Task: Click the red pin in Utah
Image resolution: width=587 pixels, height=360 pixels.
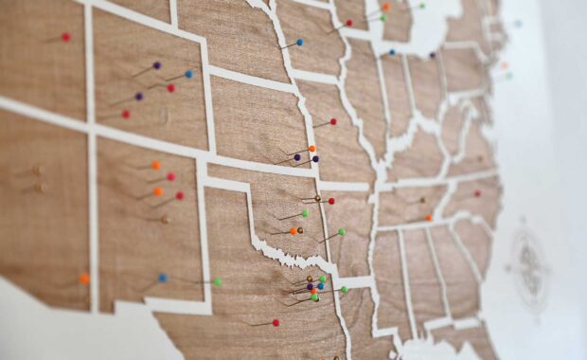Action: [125, 114]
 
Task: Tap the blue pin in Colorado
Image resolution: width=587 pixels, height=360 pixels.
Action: [188, 73]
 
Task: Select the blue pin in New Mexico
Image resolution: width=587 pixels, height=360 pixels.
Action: [162, 278]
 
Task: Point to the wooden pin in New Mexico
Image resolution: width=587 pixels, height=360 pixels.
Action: [165, 219]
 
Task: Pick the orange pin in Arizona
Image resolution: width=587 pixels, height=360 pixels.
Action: [84, 279]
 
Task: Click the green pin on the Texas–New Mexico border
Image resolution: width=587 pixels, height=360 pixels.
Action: [217, 281]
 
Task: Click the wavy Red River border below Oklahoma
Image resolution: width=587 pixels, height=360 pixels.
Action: [284, 254]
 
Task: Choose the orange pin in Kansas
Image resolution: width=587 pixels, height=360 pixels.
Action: [311, 149]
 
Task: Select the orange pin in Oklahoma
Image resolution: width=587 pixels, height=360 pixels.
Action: [294, 230]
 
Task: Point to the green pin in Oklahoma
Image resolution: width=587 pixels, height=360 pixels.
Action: [305, 213]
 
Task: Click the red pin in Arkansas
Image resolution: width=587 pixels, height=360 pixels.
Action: [330, 201]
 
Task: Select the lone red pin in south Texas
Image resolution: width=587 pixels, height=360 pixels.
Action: [276, 322]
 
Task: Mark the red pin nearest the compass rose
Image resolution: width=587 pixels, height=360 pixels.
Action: [476, 192]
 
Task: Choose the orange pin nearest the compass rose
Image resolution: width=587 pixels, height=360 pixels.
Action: [428, 218]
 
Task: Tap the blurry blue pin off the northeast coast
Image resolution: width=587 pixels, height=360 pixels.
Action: [517, 24]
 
